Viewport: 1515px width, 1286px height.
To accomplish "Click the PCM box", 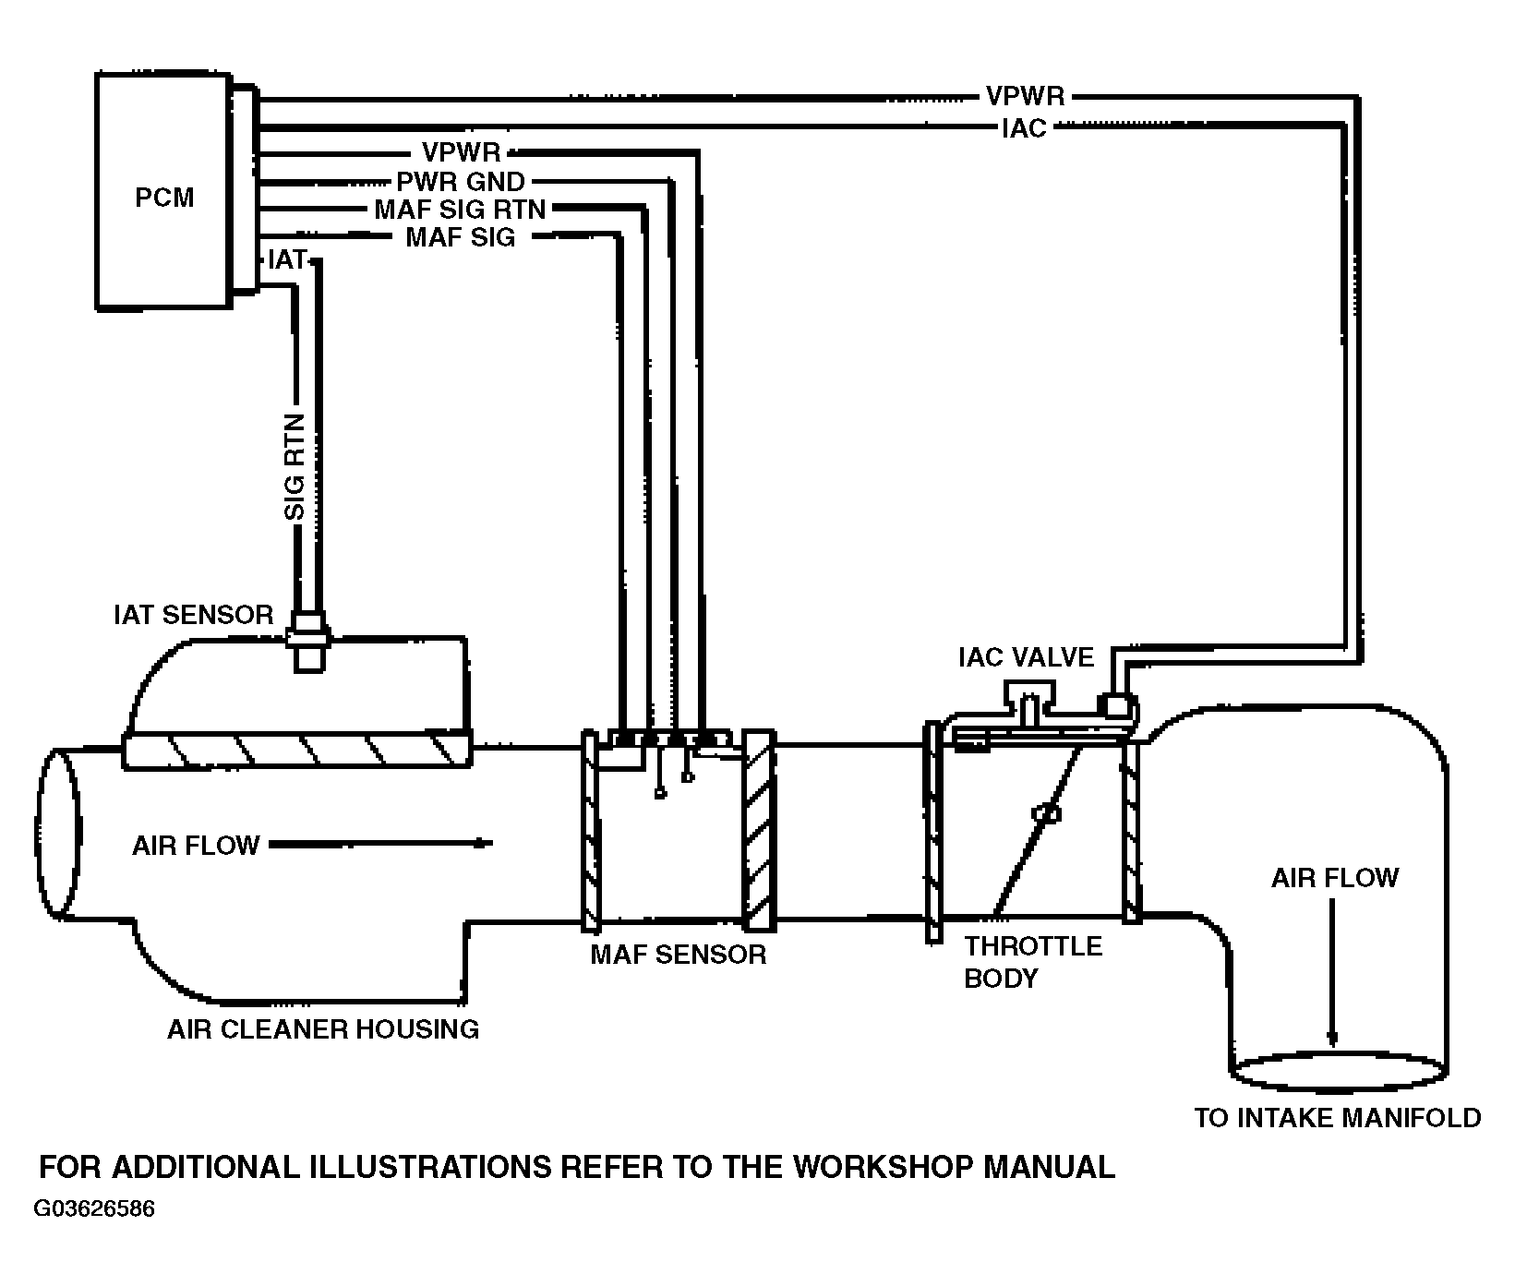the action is click(x=163, y=190).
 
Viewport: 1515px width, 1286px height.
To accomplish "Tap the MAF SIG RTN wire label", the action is click(x=460, y=210).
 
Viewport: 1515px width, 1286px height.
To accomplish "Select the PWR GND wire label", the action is click(x=461, y=181).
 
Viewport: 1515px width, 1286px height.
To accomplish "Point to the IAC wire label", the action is click(x=1024, y=128).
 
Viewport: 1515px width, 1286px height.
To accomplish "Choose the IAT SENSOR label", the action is click(x=193, y=615).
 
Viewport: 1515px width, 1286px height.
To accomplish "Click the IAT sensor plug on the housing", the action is click(x=307, y=638).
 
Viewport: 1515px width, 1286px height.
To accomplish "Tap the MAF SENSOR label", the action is click(x=679, y=954).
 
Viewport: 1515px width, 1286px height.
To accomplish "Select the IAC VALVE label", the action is click(x=1027, y=657).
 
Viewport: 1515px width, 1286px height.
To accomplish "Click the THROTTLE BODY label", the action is click(x=1033, y=962).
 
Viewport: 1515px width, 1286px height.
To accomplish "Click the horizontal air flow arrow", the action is click(x=380, y=844).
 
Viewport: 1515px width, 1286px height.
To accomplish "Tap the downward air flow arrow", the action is click(x=1332, y=974).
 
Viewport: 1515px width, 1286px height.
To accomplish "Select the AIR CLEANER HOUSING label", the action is click(x=323, y=1028).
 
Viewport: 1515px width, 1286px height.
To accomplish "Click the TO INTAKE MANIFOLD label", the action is click(x=1338, y=1118).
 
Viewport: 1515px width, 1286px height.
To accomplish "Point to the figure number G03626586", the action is click(x=95, y=1209).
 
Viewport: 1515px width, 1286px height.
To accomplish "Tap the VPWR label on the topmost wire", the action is click(x=1025, y=96).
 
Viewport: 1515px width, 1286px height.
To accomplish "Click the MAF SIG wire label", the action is click(x=461, y=238).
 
